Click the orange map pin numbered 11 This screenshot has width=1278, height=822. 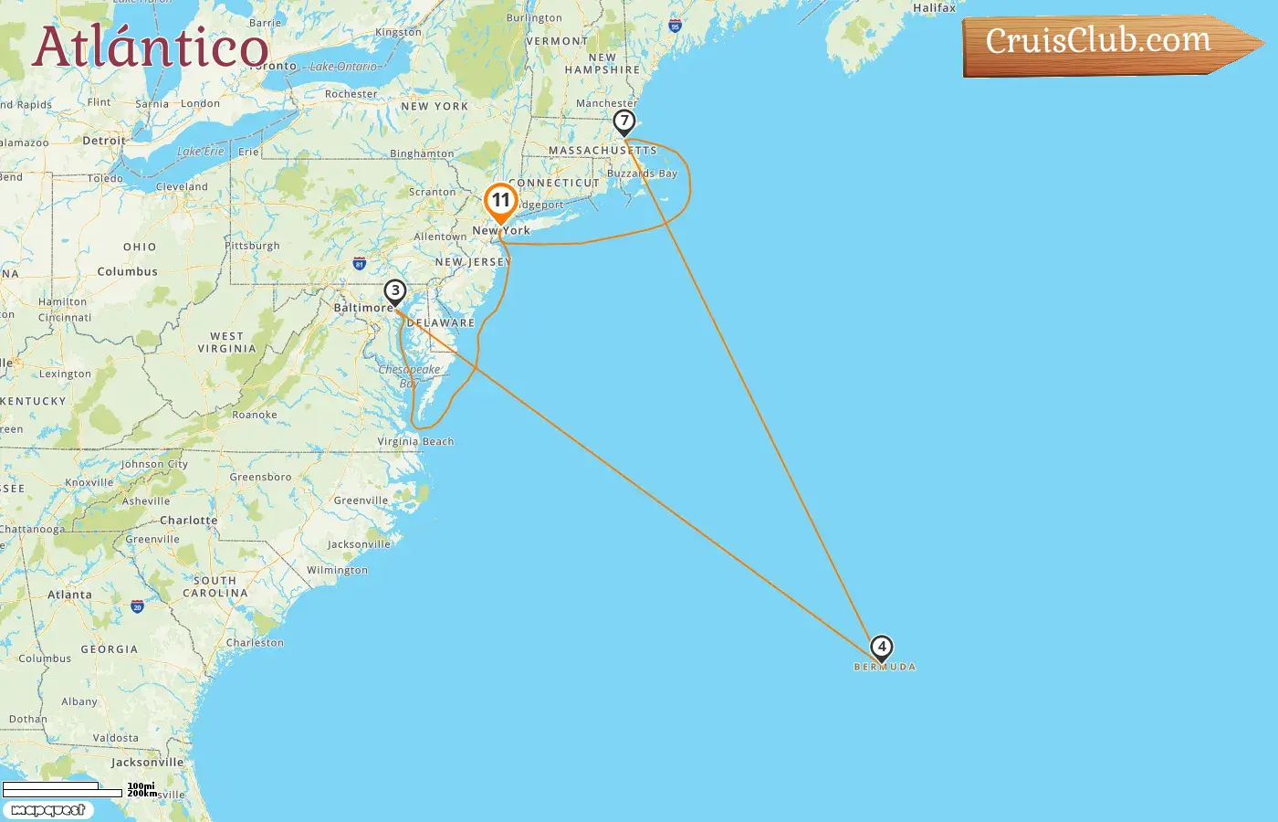pos(500,201)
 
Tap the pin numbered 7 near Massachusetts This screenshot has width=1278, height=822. pos(623,121)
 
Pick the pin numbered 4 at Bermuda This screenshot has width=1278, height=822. pos(881,648)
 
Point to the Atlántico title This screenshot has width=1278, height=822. pos(151,47)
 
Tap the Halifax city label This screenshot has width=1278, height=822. pos(934,8)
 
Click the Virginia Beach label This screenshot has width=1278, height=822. pos(415,441)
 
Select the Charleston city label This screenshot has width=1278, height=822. pos(255,643)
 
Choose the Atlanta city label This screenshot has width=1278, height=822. pos(69,595)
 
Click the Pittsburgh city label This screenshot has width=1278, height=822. pos(252,246)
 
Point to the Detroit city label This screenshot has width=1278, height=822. pos(104,141)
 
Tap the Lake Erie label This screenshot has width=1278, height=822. pos(200,152)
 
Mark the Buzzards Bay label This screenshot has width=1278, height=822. pos(643,174)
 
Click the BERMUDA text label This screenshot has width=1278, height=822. pos(885,668)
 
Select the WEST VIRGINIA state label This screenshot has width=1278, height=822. pos(226,342)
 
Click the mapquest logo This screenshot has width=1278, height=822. pos(48,810)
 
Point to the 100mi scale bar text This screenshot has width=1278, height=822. pos(141,785)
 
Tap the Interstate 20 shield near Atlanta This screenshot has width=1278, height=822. pos(137,606)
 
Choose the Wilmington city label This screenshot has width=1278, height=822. pos(337,570)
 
